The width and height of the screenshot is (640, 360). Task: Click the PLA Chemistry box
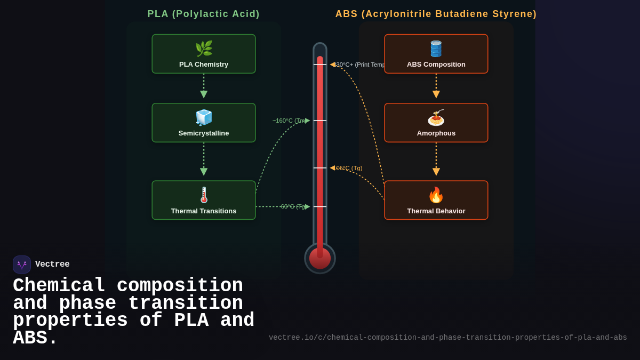point(203,54)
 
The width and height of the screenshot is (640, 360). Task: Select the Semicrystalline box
point(203,123)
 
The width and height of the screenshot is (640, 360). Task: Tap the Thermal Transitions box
point(203,200)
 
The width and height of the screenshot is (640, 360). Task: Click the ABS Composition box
point(436,54)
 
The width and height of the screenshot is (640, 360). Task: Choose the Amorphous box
point(436,123)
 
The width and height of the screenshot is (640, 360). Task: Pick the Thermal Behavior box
point(436,200)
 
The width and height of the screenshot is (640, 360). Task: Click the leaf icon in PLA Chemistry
point(204,49)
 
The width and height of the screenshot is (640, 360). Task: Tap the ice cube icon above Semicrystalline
point(204,117)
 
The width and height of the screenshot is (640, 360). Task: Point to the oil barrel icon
point(436,49)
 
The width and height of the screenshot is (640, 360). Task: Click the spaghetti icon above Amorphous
point(436,117)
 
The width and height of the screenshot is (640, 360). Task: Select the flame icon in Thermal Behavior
point(436,195)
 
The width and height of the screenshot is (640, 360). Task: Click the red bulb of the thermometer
point(320,259)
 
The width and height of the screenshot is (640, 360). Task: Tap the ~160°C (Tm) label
point(289,121)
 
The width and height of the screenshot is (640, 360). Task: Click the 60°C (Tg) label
point(293,206)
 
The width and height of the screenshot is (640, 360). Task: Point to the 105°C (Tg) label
point(348,168)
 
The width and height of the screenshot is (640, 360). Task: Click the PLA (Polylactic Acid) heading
point(203,14)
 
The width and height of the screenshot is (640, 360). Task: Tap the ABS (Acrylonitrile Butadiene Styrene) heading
point(436,14)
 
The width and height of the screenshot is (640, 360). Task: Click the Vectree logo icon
point(22,265)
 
